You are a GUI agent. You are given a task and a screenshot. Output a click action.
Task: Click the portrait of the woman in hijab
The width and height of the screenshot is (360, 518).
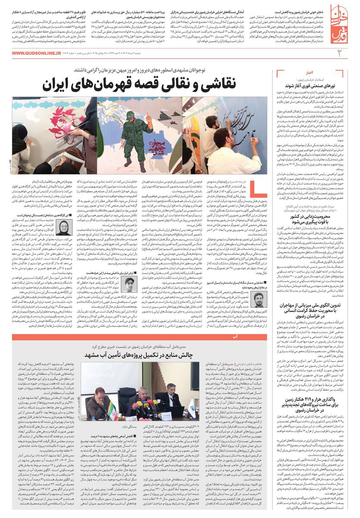click(x=66, y=227)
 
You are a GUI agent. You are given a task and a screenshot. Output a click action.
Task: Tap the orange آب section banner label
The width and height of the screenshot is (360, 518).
click(x=234, y=337)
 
